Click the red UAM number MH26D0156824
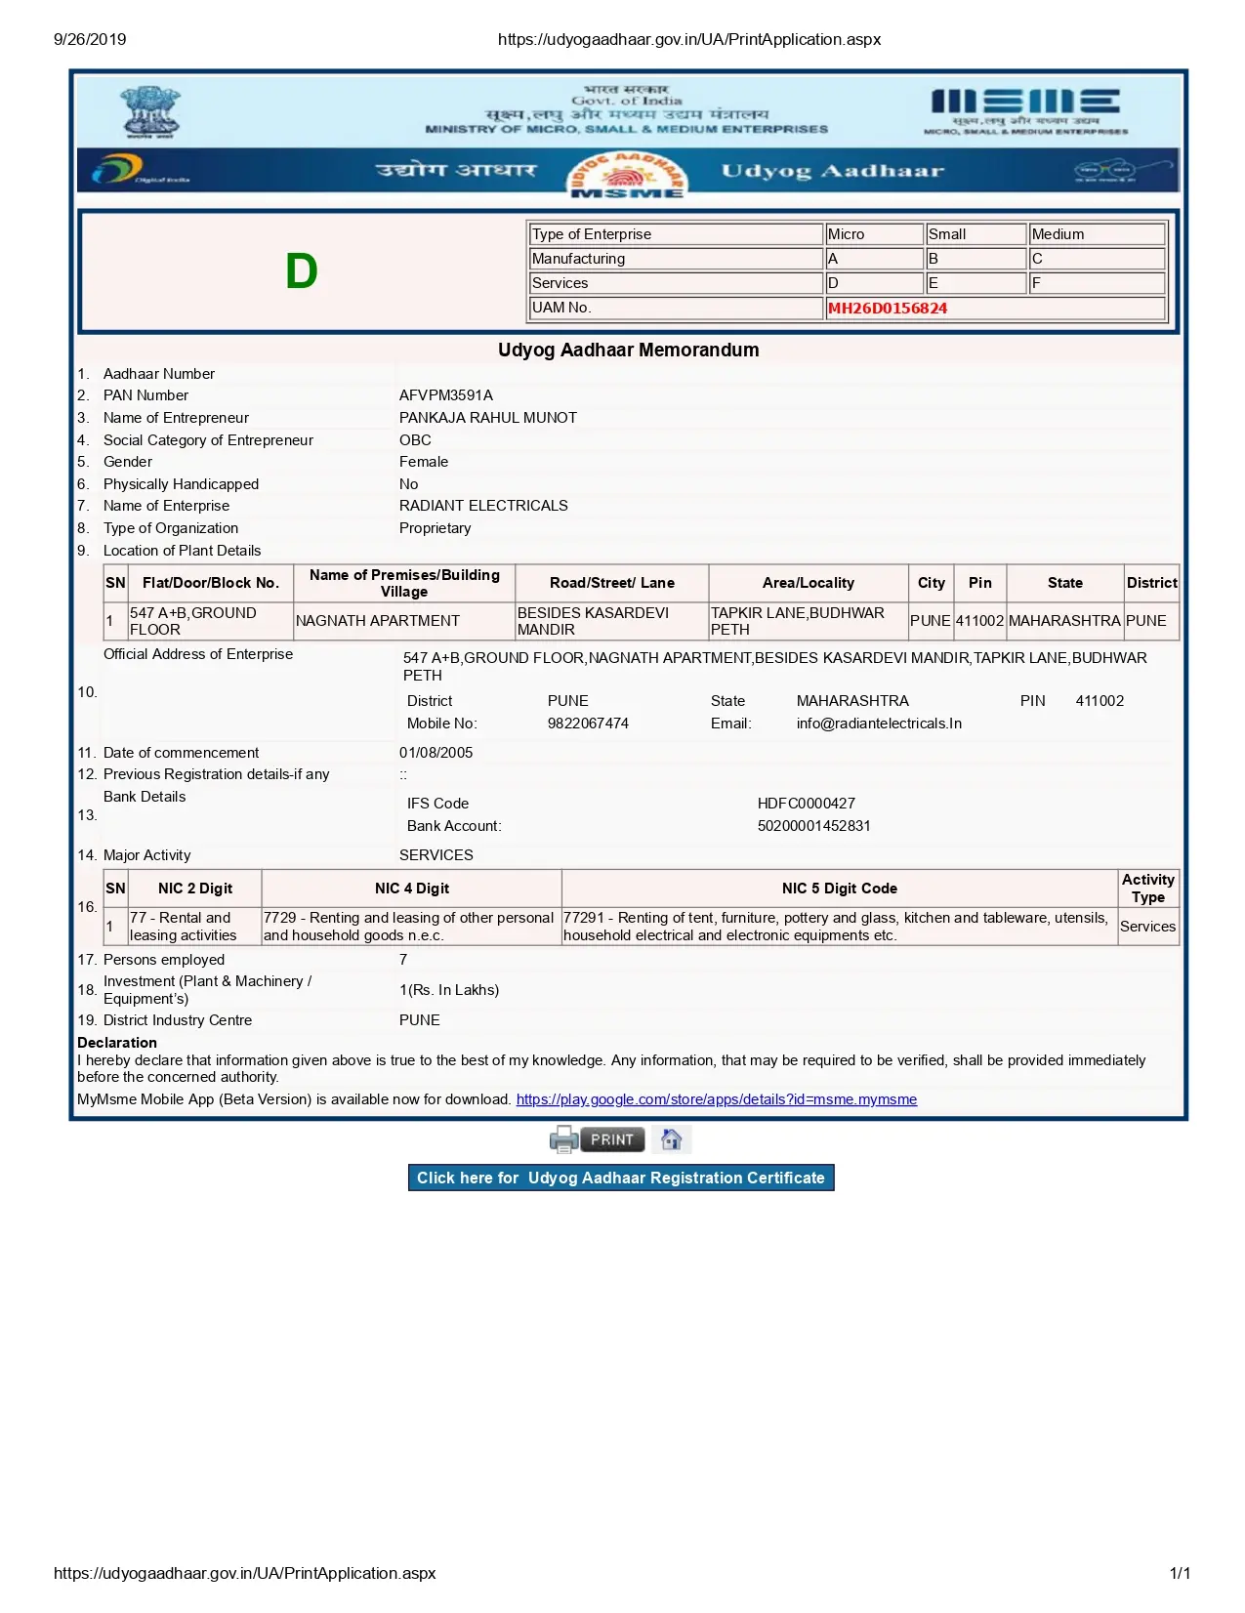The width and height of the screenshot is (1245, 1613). coord(887,309)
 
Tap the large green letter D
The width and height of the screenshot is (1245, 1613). coord(302,271)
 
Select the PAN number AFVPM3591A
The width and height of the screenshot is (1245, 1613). coord(445,395)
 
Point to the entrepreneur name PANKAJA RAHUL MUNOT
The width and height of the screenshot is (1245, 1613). coord(487,418)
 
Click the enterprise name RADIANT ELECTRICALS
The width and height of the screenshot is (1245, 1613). coord(483,506)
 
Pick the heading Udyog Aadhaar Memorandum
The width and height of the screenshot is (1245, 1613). coord(628,350)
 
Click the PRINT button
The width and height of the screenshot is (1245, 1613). coord(611,1139)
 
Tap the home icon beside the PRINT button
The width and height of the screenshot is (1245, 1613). coord(671,1139)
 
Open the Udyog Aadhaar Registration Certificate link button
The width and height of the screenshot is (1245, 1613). coord(621,1178)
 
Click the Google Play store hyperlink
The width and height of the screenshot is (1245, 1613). coord(716,1099)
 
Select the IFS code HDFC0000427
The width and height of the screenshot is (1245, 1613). coord(806,804)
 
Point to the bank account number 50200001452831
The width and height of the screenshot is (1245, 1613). coord(813,826)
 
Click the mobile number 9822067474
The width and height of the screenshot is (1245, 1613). coord(588,724)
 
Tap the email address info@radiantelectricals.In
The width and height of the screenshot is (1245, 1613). coord(879,724)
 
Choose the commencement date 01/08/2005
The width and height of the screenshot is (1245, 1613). coord(436,753)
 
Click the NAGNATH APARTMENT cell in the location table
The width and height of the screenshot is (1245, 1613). coord(378,621)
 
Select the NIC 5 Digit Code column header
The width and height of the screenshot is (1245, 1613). coord(839,889)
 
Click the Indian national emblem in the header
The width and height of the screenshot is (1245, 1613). coord(149,111)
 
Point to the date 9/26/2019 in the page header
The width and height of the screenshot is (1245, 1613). coord(90,40)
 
